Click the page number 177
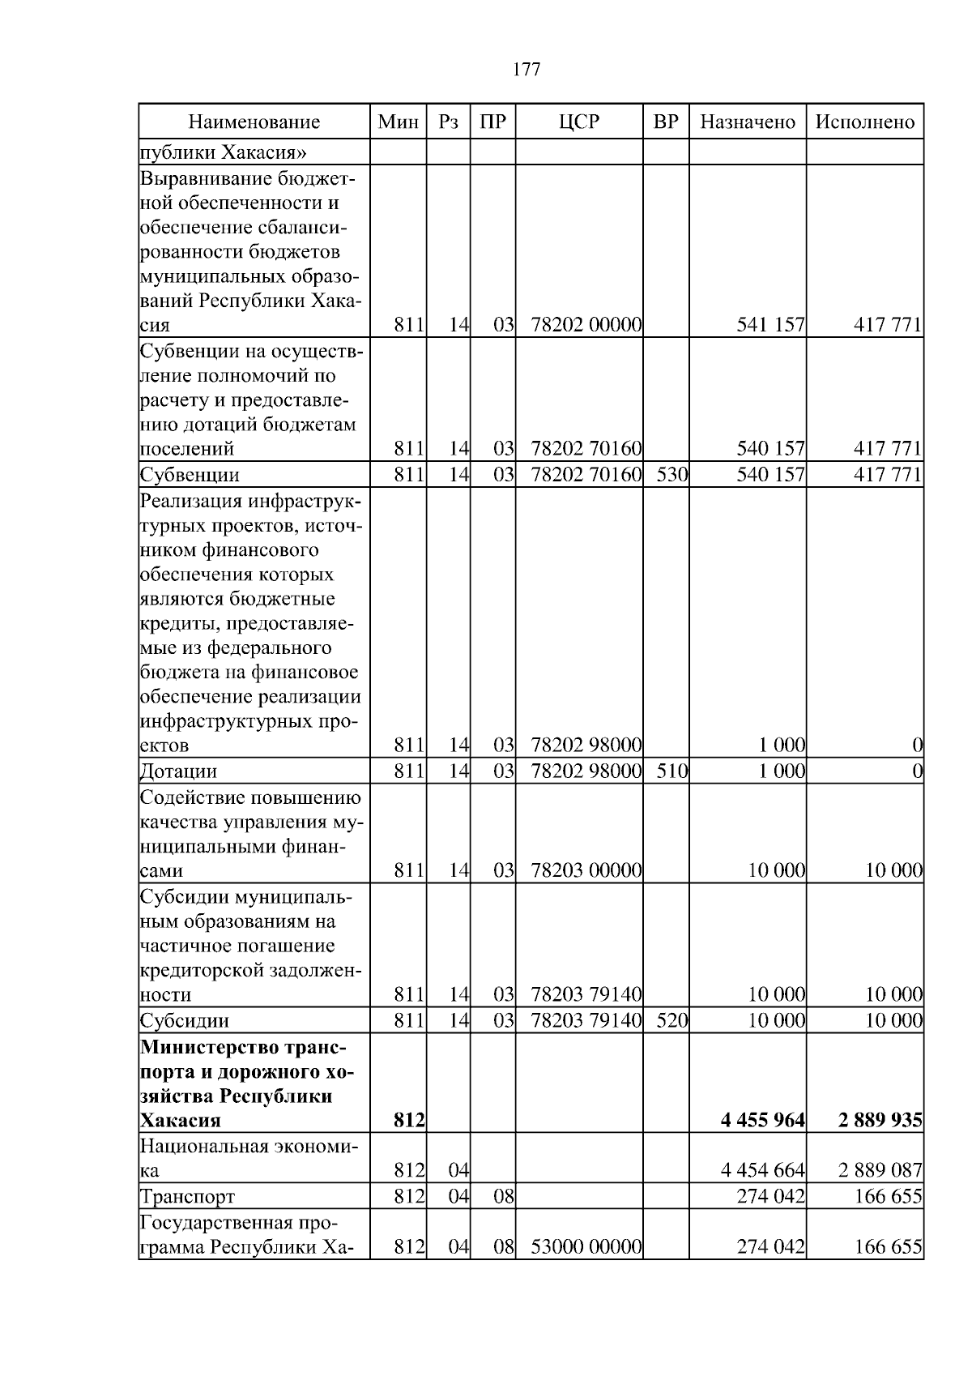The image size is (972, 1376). (x=526, y=70)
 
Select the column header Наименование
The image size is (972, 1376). (x=254, y=122)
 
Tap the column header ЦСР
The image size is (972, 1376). (x=579, y=122)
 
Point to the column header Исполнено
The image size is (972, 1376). (x=864, y=122)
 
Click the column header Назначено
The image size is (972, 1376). (x=748, y=122)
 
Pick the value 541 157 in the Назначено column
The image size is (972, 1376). (x=770, y=326)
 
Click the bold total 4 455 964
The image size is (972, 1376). (x=762, y=1121)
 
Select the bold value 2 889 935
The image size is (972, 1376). (x=880, y=1121)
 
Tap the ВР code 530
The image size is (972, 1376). (x=671, y=475)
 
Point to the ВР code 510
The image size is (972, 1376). (x=671, y=771)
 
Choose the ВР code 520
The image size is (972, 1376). (x=671, y=1021)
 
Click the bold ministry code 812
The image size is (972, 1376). (x=409, y=1121)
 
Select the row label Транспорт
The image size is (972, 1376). (x=188, y=1197)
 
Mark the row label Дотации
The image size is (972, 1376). (x=179, y=771)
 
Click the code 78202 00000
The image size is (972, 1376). (x=586, y=326)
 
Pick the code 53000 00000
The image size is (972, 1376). (x=586, y=1246)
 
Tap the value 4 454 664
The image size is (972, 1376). (x=762, y=1171)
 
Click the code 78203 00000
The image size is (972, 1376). (x=586, y=871)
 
